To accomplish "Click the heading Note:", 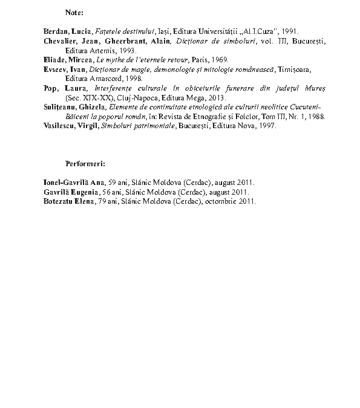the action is (74, 12).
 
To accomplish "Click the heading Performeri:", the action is (85, 163).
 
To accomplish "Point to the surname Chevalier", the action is (62, 41).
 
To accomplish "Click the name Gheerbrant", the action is (124, 41).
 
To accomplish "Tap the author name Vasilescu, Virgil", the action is (70, 126).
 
